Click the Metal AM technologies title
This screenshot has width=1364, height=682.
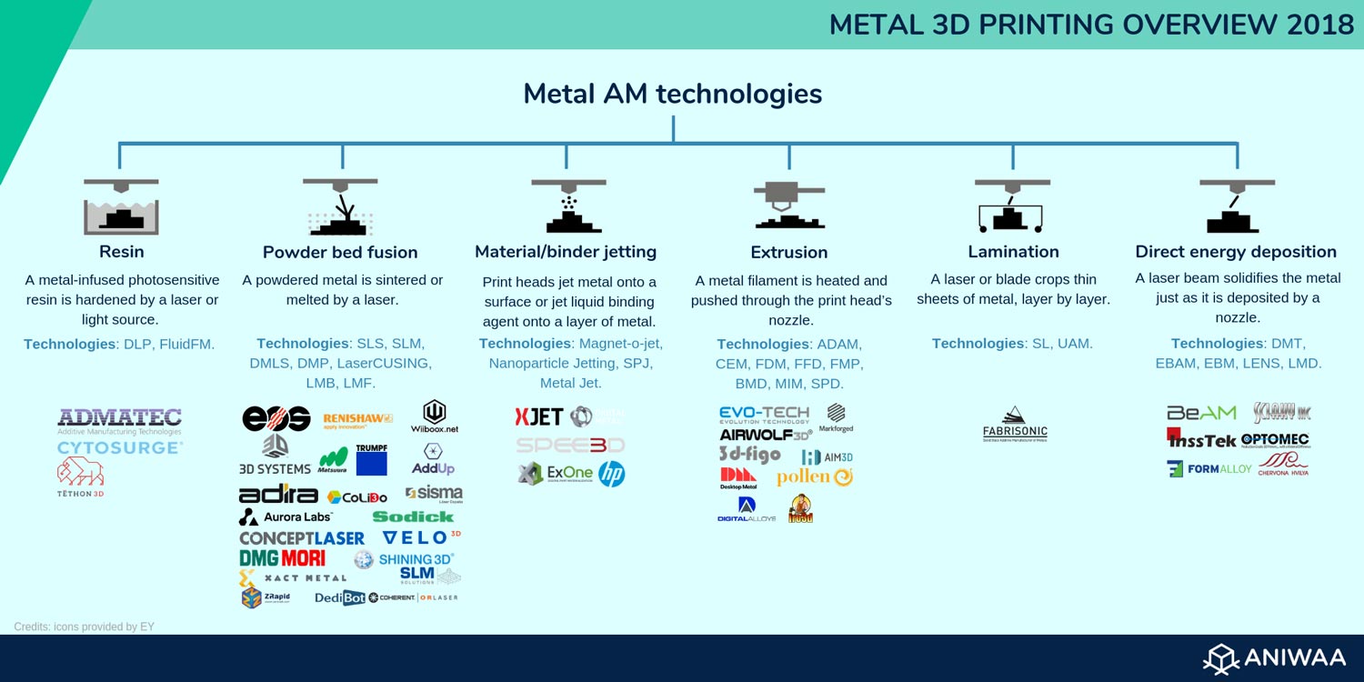pyautogui.click(x=673, y=94)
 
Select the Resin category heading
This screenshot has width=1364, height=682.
pyautogui.click(x=121, y=252)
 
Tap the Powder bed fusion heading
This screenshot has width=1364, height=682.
pyautogui.click(x=340, y=252)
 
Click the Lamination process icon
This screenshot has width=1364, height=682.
pyautogui.click(x=1012, y=206)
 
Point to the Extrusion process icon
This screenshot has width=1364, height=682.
pyautogui.click(x=788, y=205)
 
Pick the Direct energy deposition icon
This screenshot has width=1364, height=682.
pyautogui.click(x=1236, y=206)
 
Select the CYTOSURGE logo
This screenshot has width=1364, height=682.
pyautogui.click(x=120, y=447)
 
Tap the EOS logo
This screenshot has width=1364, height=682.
pyautogui.click(x=276, y=418)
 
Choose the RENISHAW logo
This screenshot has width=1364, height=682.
pyautogui.click(x=357, y=419)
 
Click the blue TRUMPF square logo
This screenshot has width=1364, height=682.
pyautogui.click(x=371, y=463)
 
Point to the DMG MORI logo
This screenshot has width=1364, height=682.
pyautogui.click(x=282, y=557)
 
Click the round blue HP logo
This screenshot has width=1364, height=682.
pyautogui.click(x=612, y=473)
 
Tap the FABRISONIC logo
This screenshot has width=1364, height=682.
pyautogui.click(x=1015, y=424)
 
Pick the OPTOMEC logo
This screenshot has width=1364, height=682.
pyautogui.click(x=1275, y=440)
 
